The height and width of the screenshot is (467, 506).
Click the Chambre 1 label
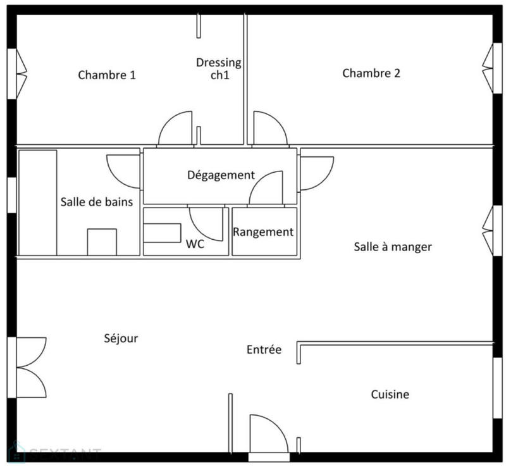pyautogui.click(x=107, y=75)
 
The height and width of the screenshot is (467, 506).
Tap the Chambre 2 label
pyautogui.click(x=371, y=73)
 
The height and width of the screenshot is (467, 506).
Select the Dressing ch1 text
pyautogui.click(x=219, y=68)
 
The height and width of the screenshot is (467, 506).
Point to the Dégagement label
pyautogui.click(x=221, y=175)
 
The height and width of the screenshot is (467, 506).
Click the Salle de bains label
pyautogui.click(x=97, y=202)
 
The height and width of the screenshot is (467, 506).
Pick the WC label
pyautogui.click(x=195, y=244)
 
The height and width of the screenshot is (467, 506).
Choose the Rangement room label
pyautogui.click(x=263, y=232)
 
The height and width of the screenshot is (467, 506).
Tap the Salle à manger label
pyautogui.click(x=392, y=247)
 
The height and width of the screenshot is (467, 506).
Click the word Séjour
pyautogui.click(x=121, y=339)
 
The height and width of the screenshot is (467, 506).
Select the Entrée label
pyautogui.click(x=264, y=350)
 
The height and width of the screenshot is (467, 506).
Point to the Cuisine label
pyautogui.click(x=390, y=395)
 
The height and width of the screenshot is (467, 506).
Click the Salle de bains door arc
pyautogui.click(x=124, y=171)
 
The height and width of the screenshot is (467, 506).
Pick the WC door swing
pyautogui.click(x=207, y=223)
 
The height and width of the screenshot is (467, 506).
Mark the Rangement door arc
pyautogui.click(x=266, y=188)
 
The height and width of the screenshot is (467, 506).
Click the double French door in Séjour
pyautogui.click(x=30, y=367)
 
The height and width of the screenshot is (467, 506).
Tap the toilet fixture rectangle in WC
pyautogui.click(x=162, y=232)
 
